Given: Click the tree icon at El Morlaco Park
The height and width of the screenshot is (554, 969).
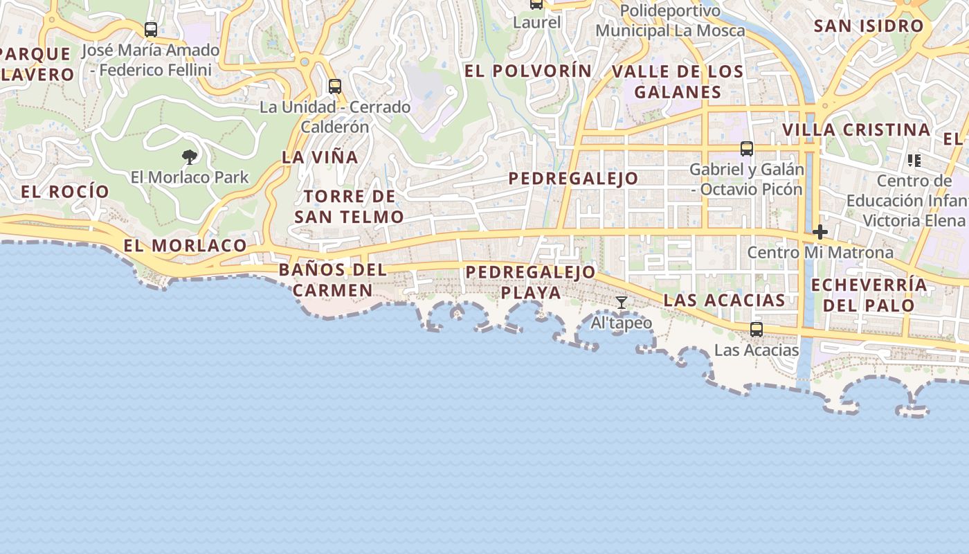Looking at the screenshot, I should [189, 157].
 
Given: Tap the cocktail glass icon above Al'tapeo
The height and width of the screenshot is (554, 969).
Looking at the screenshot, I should [622, 303].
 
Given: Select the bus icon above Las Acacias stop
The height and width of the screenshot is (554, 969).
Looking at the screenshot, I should [757, 330].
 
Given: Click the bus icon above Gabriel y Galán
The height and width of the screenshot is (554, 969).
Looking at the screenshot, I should [746, 148].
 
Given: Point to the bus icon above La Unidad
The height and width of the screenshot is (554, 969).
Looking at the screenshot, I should [335, 87].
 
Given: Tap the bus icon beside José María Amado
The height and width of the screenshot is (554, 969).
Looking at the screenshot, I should [151, 30].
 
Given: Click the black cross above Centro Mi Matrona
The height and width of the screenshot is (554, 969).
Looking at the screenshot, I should [820, 231].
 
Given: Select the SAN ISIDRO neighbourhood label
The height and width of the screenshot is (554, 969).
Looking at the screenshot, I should [869, 26].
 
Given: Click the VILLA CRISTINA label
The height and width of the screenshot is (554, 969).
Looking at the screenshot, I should [856, 130].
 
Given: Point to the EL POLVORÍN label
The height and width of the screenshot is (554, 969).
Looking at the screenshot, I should [528, 71].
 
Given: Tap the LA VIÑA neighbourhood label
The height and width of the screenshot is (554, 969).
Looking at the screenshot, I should [320, 157].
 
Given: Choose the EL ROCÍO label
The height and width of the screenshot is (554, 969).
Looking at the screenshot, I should [65, 192].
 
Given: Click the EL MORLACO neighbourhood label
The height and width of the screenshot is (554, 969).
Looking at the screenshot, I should [185, 245].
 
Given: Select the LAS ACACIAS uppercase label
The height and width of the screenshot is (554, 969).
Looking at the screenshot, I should [725, 301].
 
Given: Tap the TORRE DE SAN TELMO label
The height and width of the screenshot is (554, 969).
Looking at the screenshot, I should [350, 206].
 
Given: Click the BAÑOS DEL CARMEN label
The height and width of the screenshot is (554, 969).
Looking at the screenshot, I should [333, 280].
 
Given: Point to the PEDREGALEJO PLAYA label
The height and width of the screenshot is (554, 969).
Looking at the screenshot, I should [531, 282].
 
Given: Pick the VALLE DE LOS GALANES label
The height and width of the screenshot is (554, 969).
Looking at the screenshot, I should [678, 82].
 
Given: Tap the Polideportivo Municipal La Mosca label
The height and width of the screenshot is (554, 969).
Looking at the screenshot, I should [670, 21].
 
